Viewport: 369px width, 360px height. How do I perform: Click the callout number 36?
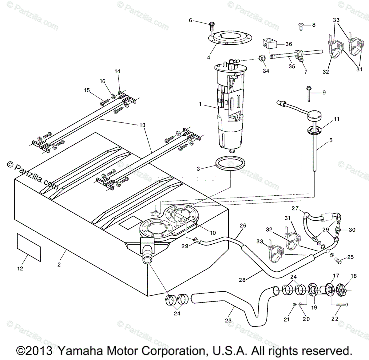coord(288,44)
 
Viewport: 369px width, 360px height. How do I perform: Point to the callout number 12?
coord(20,269)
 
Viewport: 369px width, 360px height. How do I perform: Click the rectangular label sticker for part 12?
coord(28,247)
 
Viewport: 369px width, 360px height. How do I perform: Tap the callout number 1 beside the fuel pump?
coord(200,104)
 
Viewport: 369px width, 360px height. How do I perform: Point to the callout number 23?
coord(228,320)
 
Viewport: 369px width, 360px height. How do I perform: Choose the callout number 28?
coord(242,280)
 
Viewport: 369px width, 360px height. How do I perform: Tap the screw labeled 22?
coord(340,305)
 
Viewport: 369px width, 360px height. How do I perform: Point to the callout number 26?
coord(243,226)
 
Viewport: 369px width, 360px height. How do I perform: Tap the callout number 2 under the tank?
coord(59,264)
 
